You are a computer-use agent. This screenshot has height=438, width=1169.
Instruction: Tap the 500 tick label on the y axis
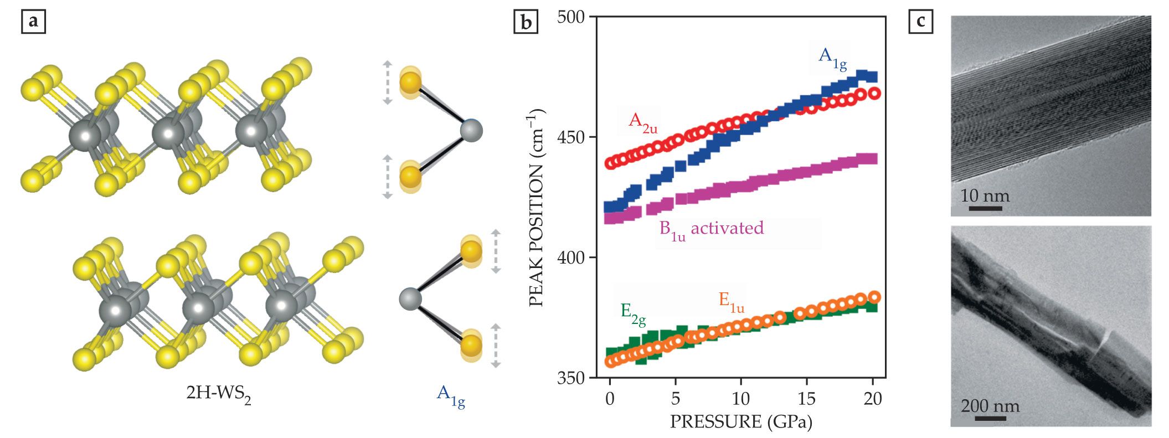pos(571,17)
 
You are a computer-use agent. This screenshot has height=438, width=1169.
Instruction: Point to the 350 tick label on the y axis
pos(571,378)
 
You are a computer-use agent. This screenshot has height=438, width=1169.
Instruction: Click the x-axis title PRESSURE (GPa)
pos(741,421)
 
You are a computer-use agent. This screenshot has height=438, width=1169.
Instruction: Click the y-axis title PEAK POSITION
pos(536,208)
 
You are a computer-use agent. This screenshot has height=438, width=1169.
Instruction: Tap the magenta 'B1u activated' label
pos(712,229)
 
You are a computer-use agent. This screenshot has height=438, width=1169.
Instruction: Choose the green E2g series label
pos(633,313)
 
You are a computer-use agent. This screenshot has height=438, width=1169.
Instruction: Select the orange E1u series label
pos(731,302)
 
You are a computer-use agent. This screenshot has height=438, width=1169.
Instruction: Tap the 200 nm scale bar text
pos(990,406)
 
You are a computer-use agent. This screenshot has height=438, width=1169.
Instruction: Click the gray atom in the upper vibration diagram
pos(471,131)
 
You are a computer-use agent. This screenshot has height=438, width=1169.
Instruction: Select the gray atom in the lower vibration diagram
pos(410,299)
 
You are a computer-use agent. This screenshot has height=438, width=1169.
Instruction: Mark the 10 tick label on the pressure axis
pos(741,398)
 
